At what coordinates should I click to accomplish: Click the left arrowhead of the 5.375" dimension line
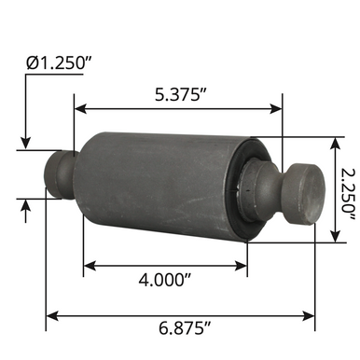79,108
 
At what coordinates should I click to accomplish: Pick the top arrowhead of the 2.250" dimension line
332,142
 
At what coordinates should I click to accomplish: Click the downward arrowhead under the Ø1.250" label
26,141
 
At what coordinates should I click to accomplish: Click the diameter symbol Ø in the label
32,63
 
